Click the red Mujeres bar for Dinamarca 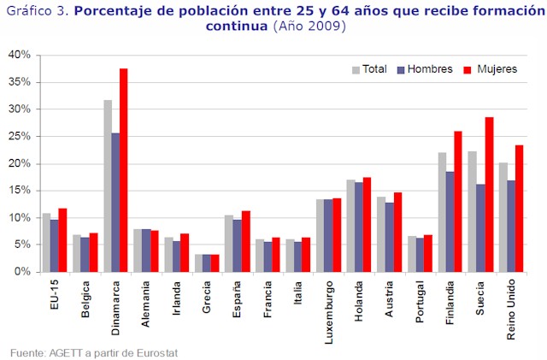coord(123,170)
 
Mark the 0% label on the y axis coord(22,272)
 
